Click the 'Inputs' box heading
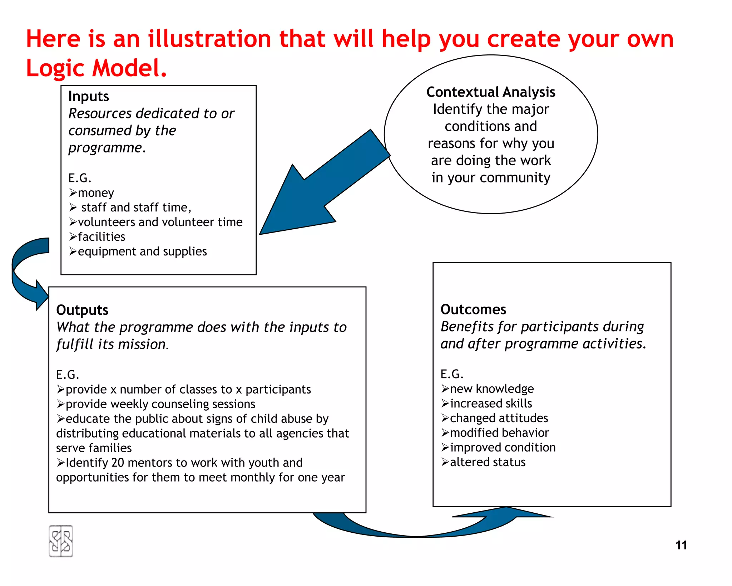(x=89, y=97)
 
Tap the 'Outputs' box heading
(x=82, y=310)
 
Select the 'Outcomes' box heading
(x=473, y=309)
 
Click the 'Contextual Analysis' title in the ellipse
(x=491, y=92)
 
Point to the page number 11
(x=681, y=545)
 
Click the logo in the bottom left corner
(x=61, y=541)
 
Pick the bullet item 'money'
(x=96, y=193)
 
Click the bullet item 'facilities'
(x=102, y=237)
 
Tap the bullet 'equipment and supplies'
(x=142, y=252)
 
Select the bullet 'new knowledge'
(x=492, y=389)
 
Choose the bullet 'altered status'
(x=488, y=462)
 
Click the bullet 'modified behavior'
(x=499, y=433)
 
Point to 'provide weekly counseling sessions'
(x=160, y=404)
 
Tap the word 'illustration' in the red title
(x=210, y=39)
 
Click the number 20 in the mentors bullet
(x=118, y=463)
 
